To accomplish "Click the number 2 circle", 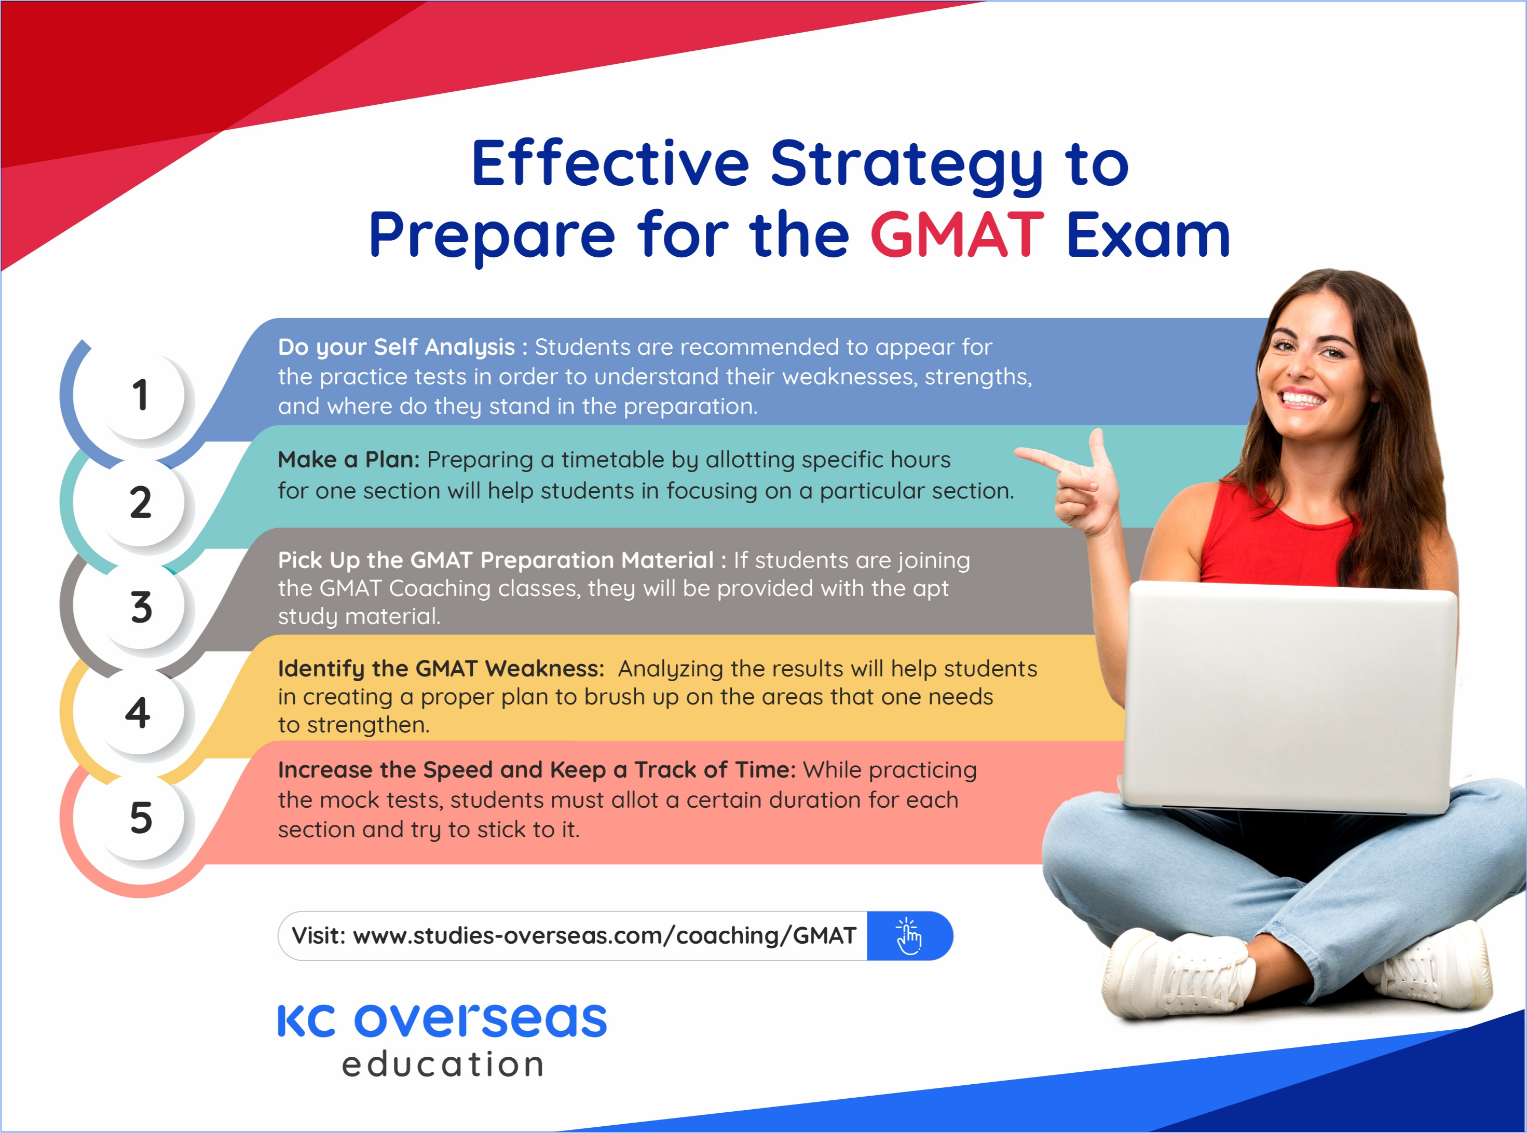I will (x=140, y=502).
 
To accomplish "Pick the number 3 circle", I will (x=140, y=607).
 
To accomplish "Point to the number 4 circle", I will (x=138, y=713).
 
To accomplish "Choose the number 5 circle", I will (x=140, y=818).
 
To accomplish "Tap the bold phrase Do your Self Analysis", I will (x=396, y=347).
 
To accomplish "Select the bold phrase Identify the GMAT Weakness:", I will (x=441, y=669).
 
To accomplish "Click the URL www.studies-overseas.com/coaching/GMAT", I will (x=604, y=935).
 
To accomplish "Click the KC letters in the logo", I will (x=306, y=1020).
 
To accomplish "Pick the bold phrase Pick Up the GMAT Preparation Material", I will (x=495, y=560).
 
